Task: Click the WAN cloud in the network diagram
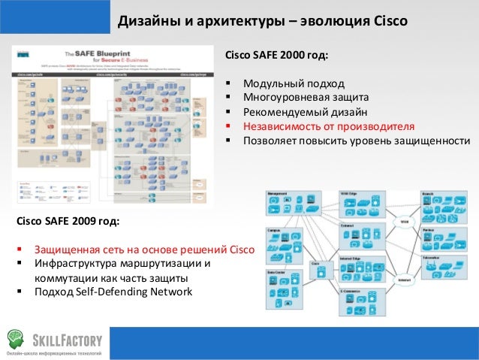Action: [x=404, y=222]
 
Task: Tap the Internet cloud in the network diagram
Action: [x=404, y=280]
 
